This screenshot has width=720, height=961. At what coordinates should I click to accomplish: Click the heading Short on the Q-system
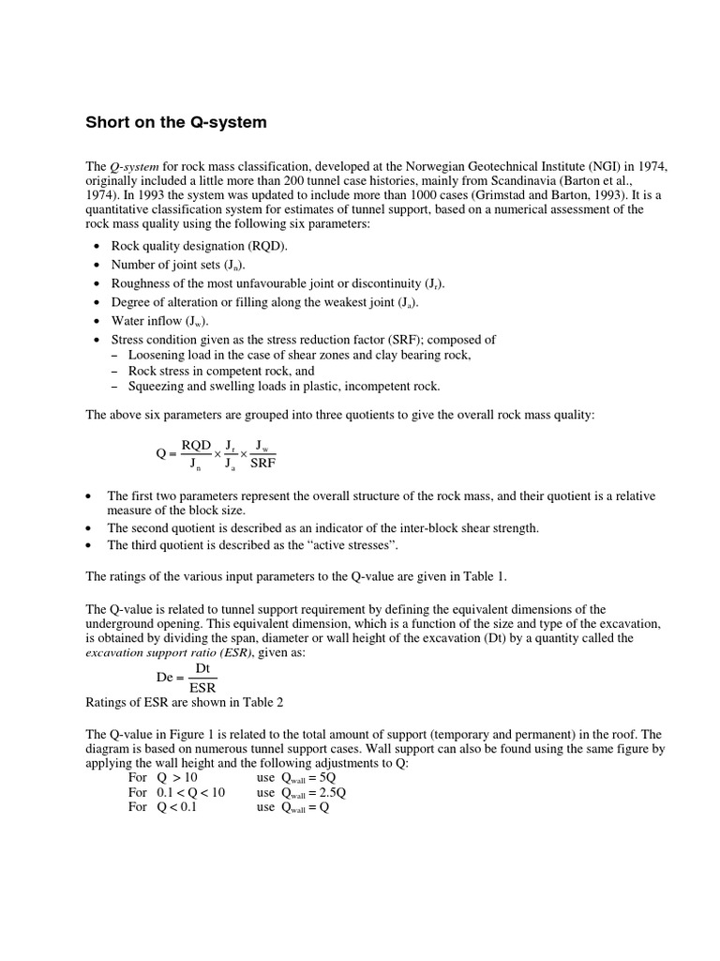(176, 123)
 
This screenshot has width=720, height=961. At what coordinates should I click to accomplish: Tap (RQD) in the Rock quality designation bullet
(268, 246)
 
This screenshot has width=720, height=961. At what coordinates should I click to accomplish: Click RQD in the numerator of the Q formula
(196, 445)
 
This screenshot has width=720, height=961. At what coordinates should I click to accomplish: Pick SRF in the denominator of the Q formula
(263, 463)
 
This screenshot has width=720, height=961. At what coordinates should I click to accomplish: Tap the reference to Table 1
(484, 575)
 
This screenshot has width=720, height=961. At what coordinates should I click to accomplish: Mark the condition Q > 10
(176, 778)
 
